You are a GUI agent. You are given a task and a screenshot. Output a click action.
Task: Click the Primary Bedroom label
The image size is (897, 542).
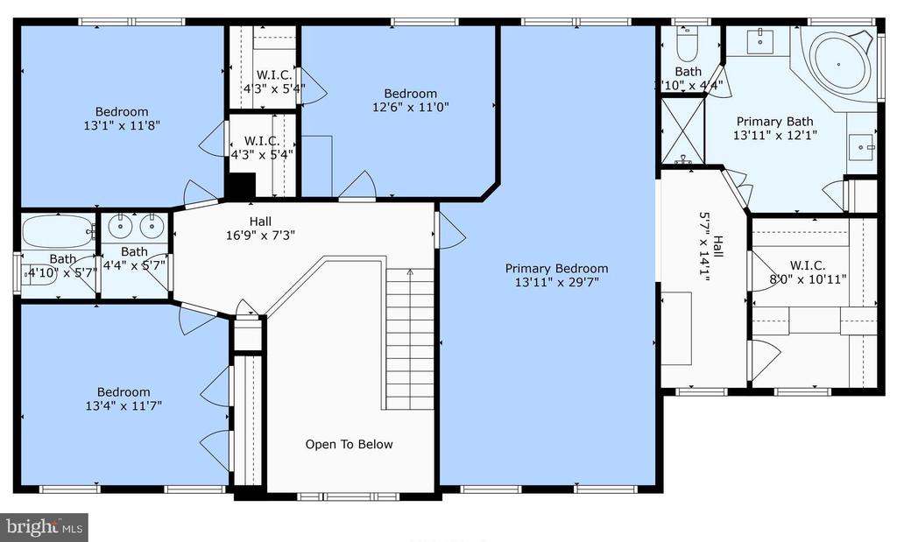(x=556, y=268)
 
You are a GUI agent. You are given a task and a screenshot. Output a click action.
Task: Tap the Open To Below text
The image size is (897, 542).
(x=349, y=444)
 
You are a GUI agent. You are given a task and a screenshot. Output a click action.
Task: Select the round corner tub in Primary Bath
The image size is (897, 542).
(x=838, y=62)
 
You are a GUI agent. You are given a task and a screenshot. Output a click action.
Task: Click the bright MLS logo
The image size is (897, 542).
(x=44, y=526)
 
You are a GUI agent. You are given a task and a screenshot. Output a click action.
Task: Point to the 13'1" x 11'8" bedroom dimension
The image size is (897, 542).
(x=122, y=125)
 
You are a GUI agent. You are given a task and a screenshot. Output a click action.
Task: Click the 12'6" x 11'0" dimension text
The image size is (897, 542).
(x=411, y=107)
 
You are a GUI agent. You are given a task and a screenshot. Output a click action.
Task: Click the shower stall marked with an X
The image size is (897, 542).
(x=682, y=131)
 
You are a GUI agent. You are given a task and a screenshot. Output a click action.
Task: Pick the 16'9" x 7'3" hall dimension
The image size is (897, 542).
(x=260, y=235)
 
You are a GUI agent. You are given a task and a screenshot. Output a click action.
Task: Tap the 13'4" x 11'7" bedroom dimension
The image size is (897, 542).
(x=124, y=406)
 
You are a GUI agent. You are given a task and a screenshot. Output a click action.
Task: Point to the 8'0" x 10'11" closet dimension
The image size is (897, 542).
(x=808, y=279)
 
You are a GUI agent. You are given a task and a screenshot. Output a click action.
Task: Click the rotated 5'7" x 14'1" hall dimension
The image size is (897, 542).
(x=704, y=247)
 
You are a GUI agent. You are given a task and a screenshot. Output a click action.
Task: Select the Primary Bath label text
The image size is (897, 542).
(x=774, y=121)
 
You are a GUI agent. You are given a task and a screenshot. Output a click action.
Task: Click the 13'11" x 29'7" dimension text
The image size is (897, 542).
(x=556, y=282)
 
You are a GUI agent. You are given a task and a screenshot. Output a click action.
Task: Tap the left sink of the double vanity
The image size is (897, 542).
(x=121, y=226)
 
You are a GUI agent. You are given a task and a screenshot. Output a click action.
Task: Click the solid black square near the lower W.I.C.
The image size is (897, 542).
(x=241, y=186)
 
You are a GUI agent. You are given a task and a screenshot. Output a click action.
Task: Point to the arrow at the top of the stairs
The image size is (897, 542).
(x=410, y=273)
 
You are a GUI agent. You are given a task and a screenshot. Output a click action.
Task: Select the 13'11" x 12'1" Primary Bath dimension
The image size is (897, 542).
(x=774, y=135)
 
